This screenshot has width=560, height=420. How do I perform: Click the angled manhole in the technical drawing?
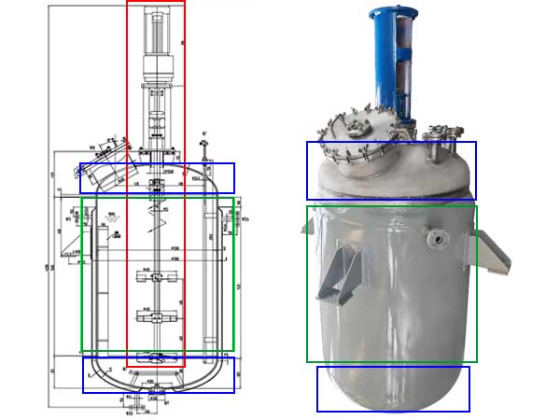click(105, 166)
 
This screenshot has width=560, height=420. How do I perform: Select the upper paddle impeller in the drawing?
click(156, 277)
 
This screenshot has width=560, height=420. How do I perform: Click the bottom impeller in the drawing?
click(156, 357)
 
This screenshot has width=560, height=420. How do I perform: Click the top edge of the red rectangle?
click(156, 1)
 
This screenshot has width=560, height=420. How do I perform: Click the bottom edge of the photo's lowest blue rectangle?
click(393, 411)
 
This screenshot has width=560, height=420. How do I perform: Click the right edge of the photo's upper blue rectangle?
click(476, 170)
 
